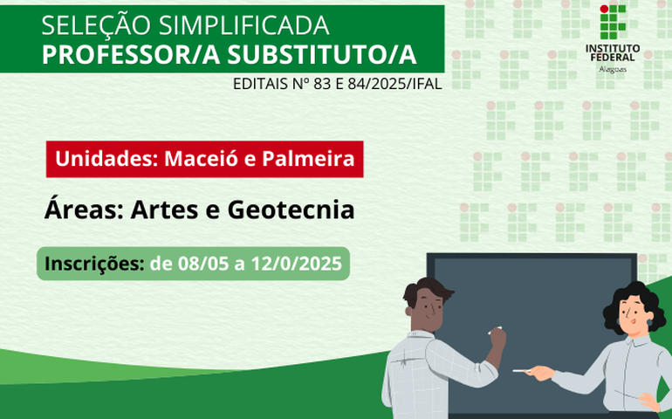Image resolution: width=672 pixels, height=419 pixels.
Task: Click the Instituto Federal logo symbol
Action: pyautogui.click(x=612, y=21)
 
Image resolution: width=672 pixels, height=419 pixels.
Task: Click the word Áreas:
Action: pyautogui.click(x=79, y=210)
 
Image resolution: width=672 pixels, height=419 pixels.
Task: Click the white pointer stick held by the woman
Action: pyautogui.click(x=522, y=372)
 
